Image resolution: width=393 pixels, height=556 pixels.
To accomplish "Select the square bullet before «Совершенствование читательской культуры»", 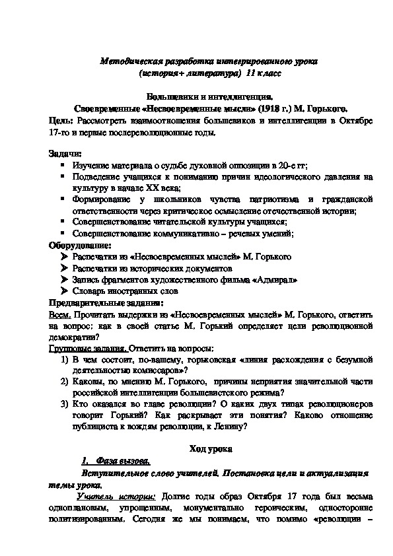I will (63, 222).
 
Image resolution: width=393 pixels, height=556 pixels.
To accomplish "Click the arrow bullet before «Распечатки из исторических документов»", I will (63, 268).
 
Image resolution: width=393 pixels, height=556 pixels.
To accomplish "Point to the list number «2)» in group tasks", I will (63, 382).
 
